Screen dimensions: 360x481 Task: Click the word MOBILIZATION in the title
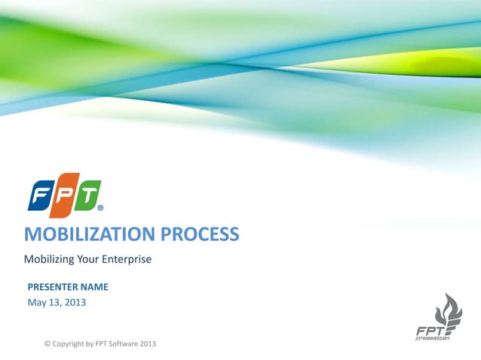coord(88,234)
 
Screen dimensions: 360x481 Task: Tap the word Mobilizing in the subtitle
coord(50,260)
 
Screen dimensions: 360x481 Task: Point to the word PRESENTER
coord(56,287)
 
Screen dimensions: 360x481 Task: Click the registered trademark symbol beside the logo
coord(101,209)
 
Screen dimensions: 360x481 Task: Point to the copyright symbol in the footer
coord(47,343)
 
